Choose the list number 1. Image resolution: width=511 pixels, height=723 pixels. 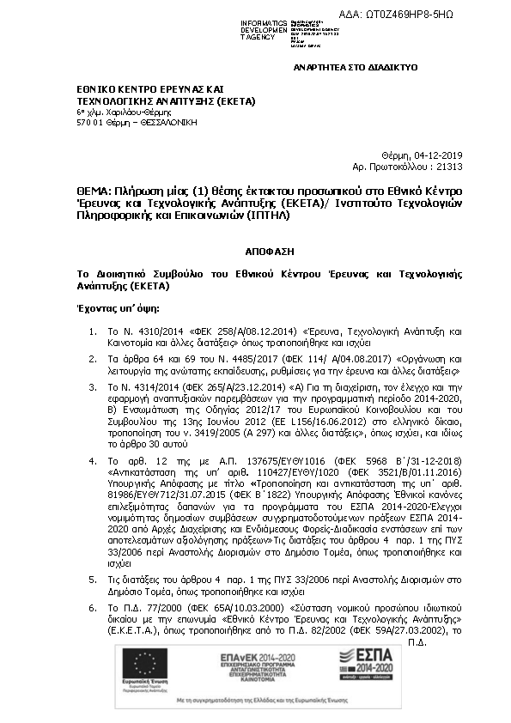[93, 331]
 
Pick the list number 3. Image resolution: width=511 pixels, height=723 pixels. [93, 388]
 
